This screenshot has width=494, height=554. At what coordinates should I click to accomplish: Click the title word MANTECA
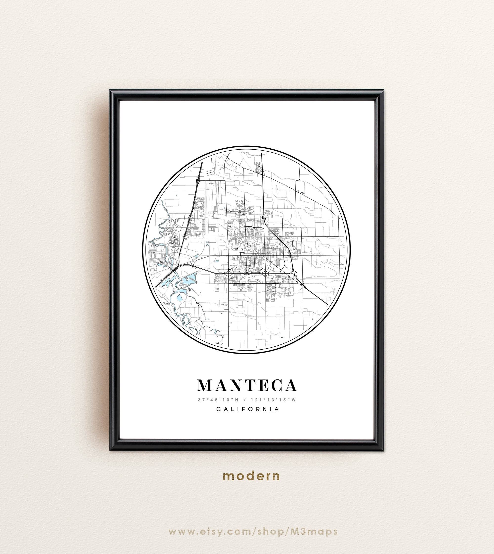(247, 386)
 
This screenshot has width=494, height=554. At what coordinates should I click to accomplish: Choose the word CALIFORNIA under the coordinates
(247, 409)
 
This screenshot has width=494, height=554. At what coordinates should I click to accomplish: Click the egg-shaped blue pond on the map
(179, 298)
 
